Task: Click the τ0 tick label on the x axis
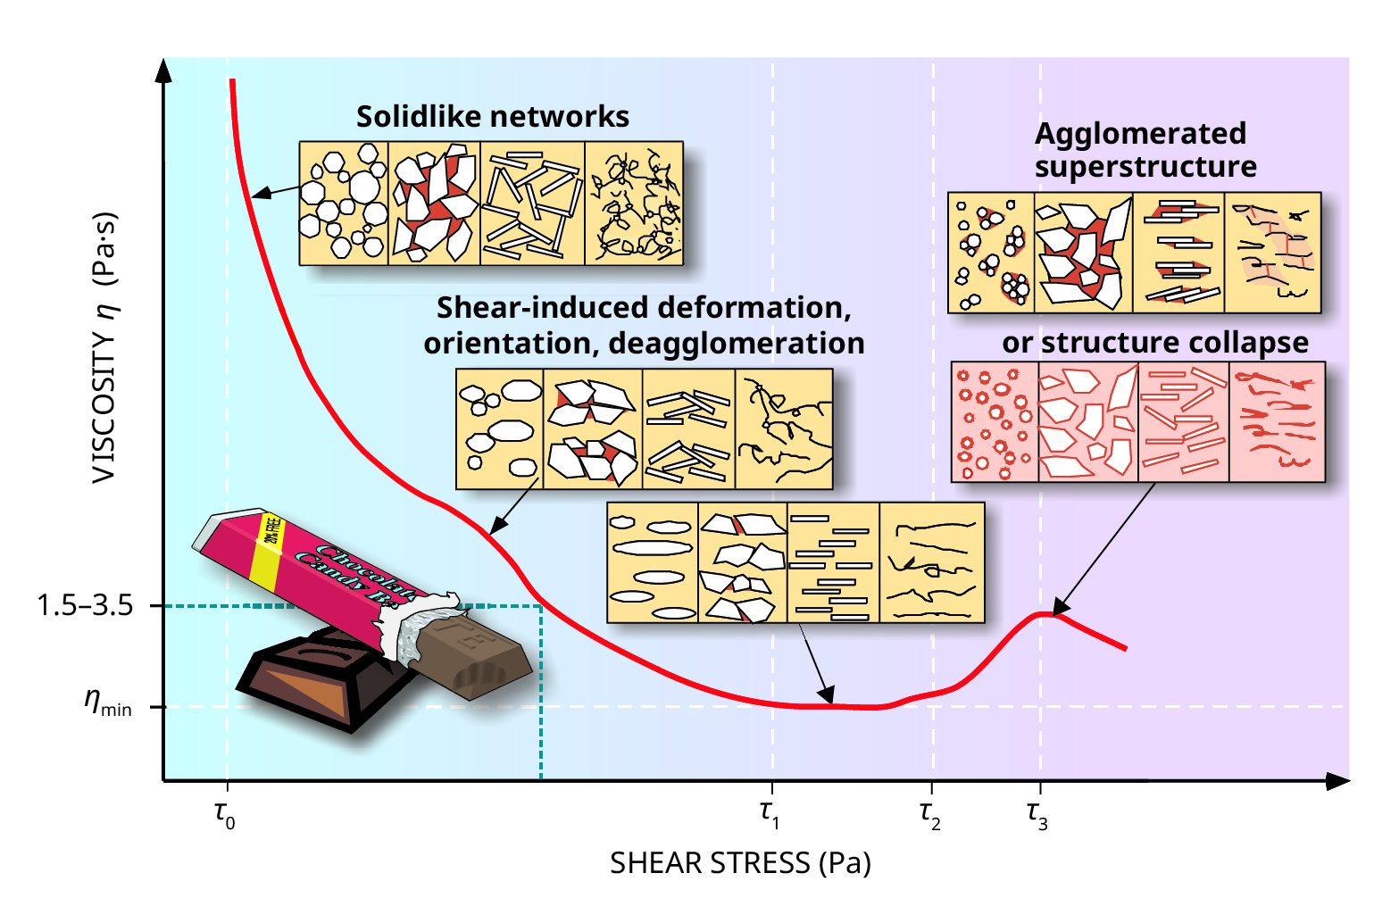225,814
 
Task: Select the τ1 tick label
770,814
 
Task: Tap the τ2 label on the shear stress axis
930,814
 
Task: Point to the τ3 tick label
1037,814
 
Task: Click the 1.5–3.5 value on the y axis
85,606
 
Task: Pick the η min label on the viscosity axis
108,703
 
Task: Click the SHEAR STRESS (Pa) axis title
740,863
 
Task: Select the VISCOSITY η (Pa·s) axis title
105,348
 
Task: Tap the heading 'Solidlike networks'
493,117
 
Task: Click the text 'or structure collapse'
1154,343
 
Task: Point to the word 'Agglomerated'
1140,134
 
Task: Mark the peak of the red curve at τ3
1043,614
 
